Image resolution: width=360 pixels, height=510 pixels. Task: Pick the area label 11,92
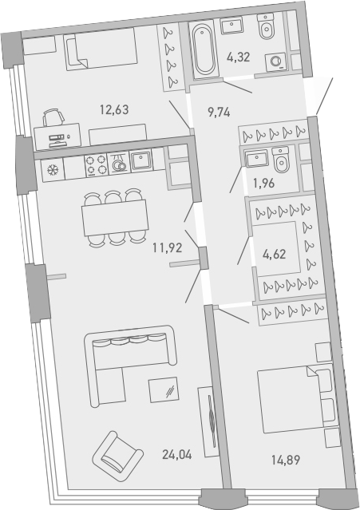170,247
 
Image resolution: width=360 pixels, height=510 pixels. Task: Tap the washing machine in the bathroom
278,61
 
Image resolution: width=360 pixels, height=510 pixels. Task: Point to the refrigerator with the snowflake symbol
53,170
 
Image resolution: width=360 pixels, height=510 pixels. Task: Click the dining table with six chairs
114,215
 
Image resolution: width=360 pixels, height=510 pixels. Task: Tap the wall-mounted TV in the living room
209,421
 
